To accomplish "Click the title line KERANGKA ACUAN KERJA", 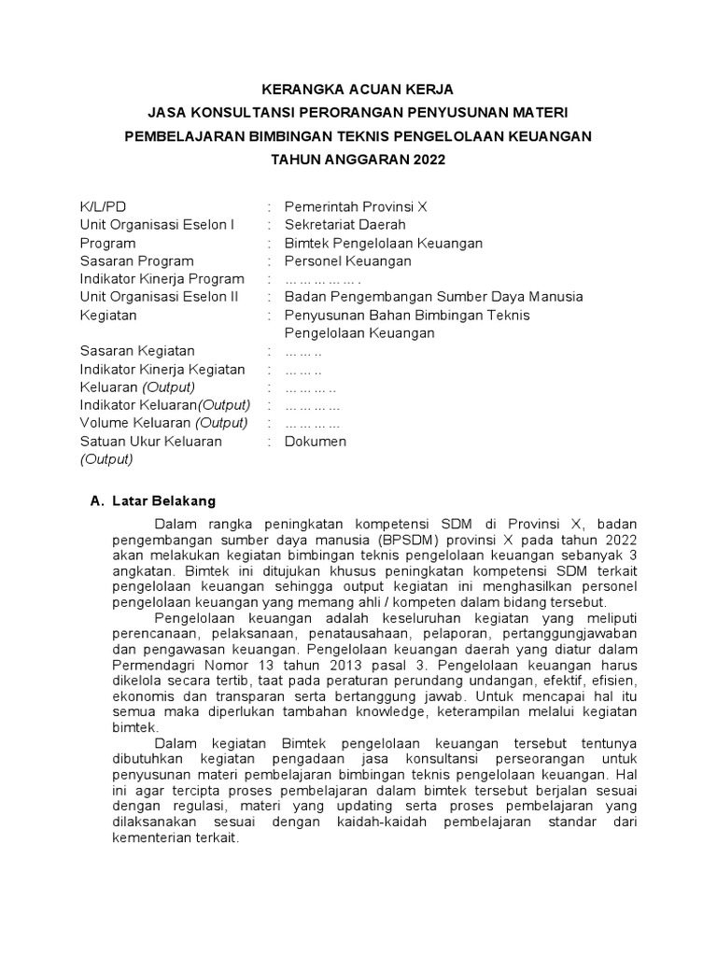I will tap(358, 90).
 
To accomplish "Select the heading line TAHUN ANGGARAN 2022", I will tap(358, 160).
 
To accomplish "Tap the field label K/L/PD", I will tap(103, 206).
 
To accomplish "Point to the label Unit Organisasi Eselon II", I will tap(159, 297).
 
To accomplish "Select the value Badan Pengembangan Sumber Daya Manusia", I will tap(433, 297).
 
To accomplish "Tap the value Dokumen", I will tap(315, 442).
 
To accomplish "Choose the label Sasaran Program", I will tap(136, 261).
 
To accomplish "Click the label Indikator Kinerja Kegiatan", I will tap(162, 370).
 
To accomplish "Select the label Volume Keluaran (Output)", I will tap(163, 423).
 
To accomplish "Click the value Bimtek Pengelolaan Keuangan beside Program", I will tap(383, 243).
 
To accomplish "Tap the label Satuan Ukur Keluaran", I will tap(150, 442).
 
